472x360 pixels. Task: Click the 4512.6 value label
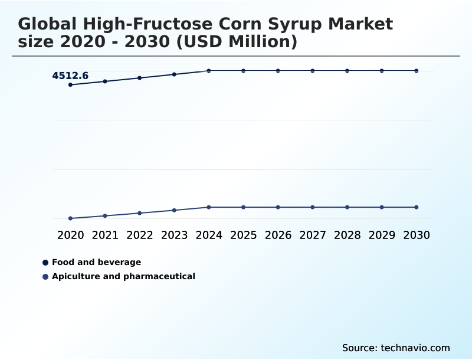coord(70,76)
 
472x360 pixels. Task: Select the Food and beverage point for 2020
coord(71,85)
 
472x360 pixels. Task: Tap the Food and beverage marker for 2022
coord(140,78)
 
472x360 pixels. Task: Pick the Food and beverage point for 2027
coord(313,71)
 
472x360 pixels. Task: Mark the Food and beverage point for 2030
coord(417,71)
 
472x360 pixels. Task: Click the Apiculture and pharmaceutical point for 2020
coord(71,218)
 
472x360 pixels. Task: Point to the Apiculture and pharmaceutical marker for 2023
coord(174,210)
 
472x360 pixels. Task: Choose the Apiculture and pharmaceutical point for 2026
coord(278,207)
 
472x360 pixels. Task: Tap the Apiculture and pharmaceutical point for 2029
coord(382,207)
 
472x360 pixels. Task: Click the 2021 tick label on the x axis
coord(105,235)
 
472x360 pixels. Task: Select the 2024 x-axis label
coord(209,235)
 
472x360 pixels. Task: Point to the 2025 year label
coord(244,235)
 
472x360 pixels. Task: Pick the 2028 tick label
coord(348,235)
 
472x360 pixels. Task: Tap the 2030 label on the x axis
coord(417,235)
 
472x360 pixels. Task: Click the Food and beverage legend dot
coord(45,263)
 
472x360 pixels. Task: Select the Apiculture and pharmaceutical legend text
coord(123,276)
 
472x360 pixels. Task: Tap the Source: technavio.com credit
coord(396,348)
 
